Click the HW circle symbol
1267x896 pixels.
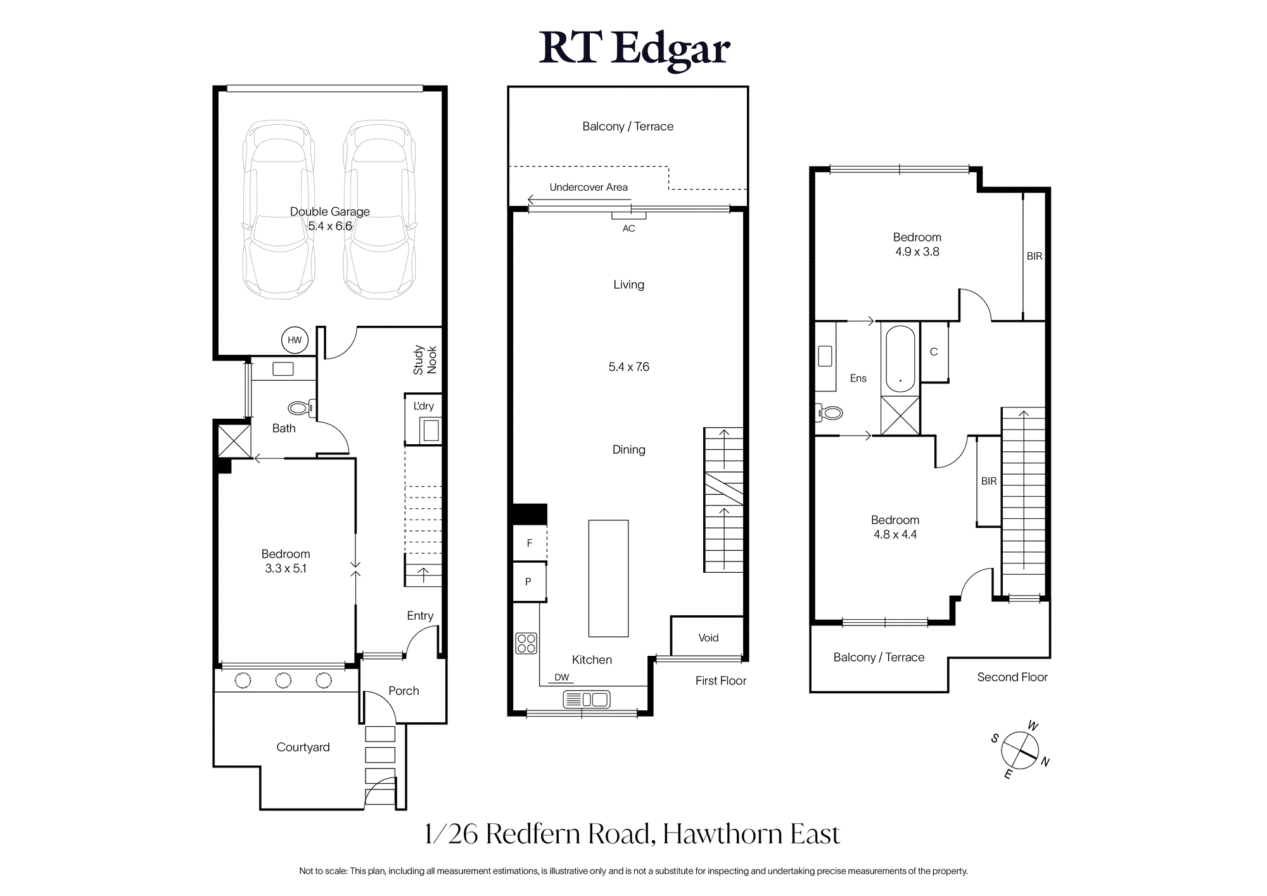[295, 340]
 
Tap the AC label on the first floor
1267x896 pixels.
[628, 229]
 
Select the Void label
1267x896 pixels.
[708, 638]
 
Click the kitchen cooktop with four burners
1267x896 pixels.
[526, 643]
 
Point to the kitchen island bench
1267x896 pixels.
[608, 579]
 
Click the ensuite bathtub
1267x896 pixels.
[900, 359]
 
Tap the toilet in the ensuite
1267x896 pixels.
[830, 414]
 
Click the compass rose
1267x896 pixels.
[1020, 750]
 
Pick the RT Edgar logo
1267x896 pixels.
[634, 49]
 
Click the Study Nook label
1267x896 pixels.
[425, 360]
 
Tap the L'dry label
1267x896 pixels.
[424, 406]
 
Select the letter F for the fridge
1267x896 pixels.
[530, 543]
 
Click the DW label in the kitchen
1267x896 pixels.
[562, 677]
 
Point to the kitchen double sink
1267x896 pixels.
[587, 699]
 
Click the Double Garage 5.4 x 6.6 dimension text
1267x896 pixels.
[330, 226]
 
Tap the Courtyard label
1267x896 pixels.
[303, 747]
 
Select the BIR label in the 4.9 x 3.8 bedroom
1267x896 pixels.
[1035, 256]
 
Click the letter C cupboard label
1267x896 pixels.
[934, 352]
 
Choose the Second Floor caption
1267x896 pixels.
[1012, 677]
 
